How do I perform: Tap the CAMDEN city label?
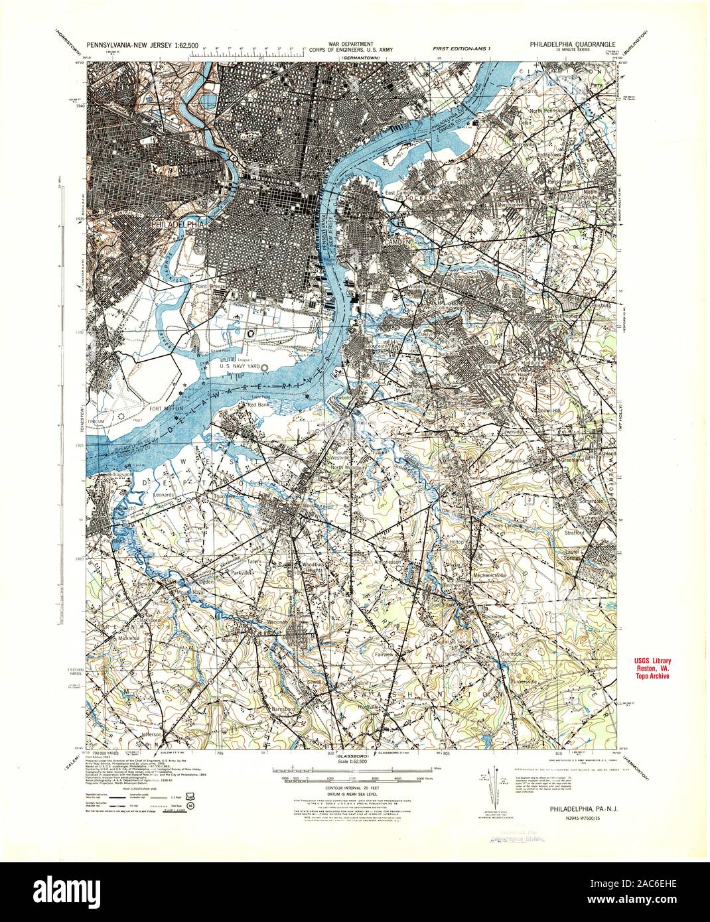pyautogui.click(x=395, y=243)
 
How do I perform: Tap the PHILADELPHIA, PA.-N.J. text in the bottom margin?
pyautogui.click(x=581, y=809)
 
